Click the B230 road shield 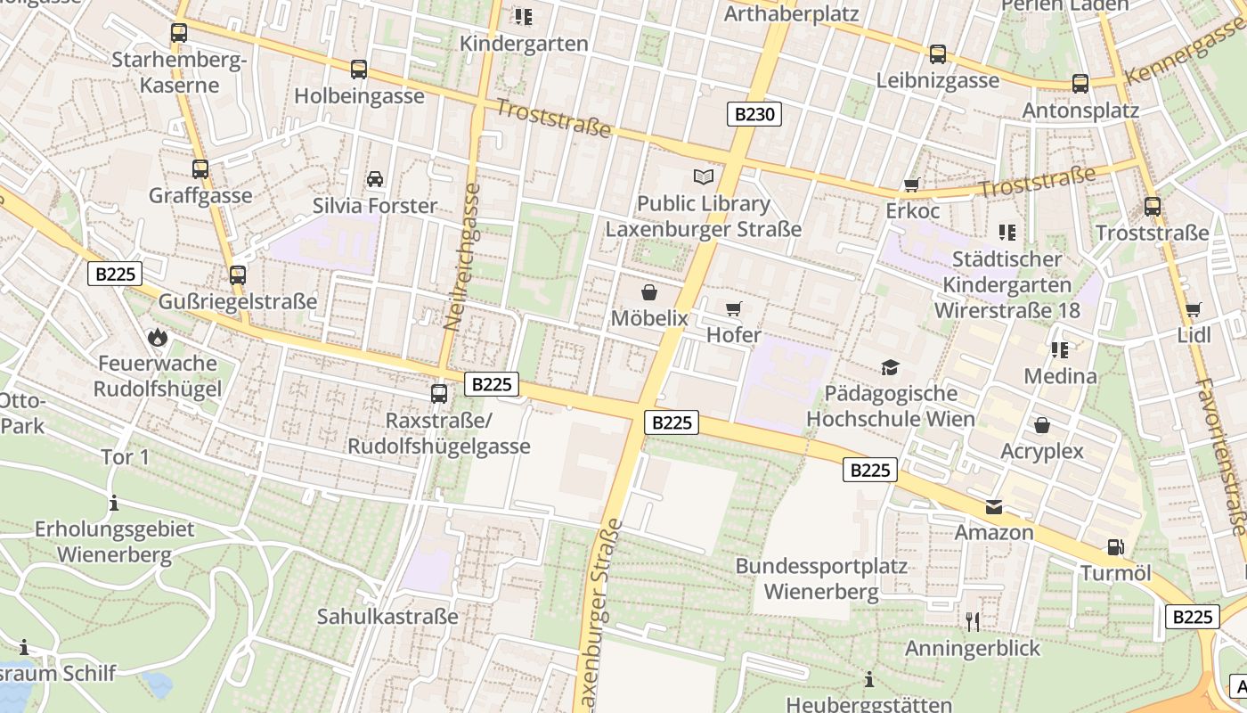[754, 114]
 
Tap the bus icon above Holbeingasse [358, 69]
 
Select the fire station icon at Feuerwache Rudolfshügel [158, 337]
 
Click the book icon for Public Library [704, 177]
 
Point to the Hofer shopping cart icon [733, 308]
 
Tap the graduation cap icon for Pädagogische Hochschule [889, 367]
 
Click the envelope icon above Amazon [994, 507]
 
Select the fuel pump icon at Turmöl [1115, 547]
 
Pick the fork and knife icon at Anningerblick [972, 621]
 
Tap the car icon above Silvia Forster [375, 179]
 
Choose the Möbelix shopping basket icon [649, 291]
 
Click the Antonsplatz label [1080, 111]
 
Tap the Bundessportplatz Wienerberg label [820, 578]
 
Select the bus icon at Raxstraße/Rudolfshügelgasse [438, 393]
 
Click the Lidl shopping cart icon [1193, 309]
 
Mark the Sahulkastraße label [387, 616]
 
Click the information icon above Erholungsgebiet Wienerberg [114, 504]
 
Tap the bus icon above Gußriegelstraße [237, 275]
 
